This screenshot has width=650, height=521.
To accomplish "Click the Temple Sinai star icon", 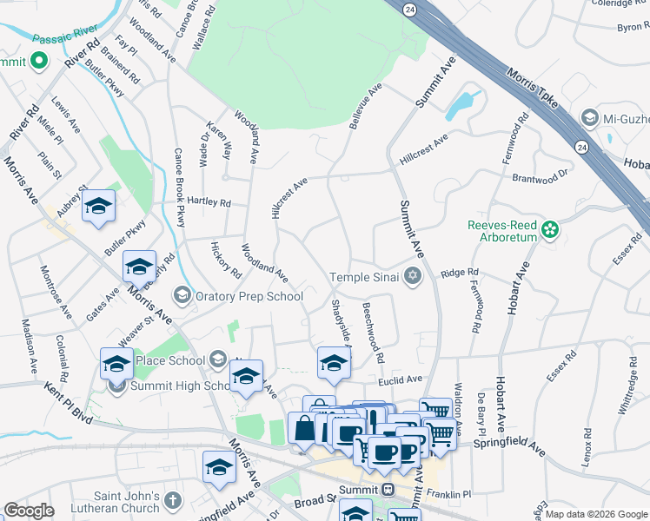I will pos(412,277).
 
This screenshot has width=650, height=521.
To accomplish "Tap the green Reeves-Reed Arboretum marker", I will pos(549,230).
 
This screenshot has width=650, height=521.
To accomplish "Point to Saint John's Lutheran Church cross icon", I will pos(172,501).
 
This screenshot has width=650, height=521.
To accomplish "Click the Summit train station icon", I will pos(388,490).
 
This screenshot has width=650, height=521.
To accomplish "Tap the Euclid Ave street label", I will pos(399,379).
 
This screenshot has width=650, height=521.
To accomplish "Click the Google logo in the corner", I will pos(29,510).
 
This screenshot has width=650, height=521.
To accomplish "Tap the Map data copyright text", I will pos(595,514).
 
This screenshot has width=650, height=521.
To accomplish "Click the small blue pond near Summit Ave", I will pos(460,105).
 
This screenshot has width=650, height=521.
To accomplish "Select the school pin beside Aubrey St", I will pos(99,208).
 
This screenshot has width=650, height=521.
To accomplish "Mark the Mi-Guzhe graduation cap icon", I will pos(589,118).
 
